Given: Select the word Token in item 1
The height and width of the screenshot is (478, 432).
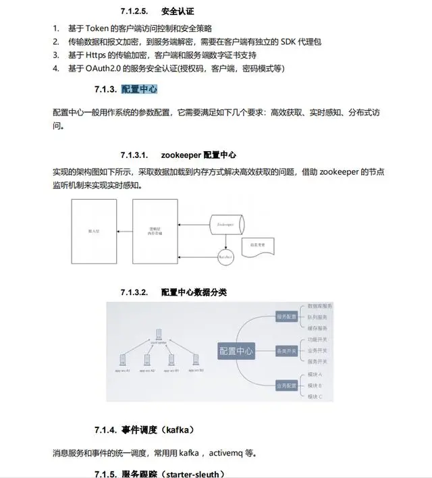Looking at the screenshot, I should tap(98, 28).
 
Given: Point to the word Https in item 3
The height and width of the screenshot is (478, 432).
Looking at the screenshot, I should tap(99, 55).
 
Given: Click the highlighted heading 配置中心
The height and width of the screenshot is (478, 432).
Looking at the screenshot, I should tap(139, 90).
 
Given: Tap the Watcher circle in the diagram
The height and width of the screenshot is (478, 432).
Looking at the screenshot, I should tap(225, 257).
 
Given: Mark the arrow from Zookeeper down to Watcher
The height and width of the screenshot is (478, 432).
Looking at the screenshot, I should tap(225, 241).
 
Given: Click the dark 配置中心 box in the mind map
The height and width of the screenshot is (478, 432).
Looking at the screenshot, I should tap(236, 351).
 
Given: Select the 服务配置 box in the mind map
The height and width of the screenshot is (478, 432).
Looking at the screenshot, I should tap(286, 317).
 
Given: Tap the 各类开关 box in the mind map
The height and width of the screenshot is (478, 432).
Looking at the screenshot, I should tap(286, 351).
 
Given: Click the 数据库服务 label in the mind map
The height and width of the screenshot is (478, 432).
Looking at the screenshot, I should tap(320, 306).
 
